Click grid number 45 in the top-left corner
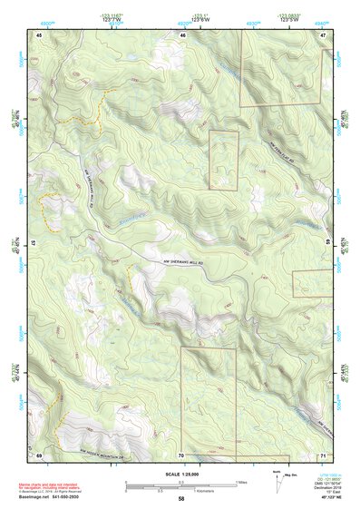(x=39, y=34)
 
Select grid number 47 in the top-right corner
(x=323, y=34)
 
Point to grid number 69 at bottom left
(x=39, y=454)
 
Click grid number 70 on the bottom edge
(x=181, y=454)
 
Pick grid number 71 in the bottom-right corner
(x=323, y=454)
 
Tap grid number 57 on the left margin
(x=34, y=244)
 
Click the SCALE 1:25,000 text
(x=181, y=474)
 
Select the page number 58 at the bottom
(x=181, y=499)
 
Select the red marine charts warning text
(x=52, y=486)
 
